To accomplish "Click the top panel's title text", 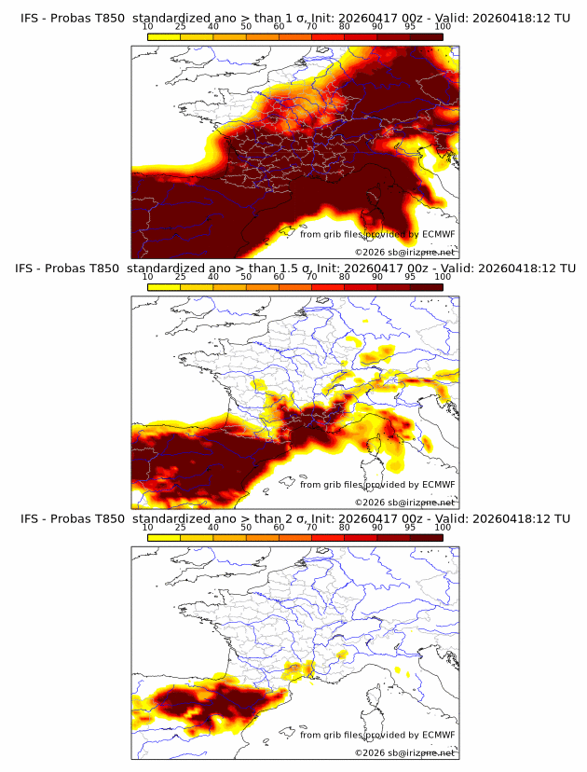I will point(294,18).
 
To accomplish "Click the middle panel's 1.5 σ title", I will point(294,268).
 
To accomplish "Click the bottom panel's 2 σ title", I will point(294,517).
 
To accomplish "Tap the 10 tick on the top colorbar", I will point(148,28).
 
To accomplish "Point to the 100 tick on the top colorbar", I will point(443,28).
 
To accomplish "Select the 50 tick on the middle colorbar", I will point(246,278).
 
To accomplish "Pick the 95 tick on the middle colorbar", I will point(410,278).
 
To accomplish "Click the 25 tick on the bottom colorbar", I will point(181,528).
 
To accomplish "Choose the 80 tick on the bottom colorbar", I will point(345,528).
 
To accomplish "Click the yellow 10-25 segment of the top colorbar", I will point(164,37).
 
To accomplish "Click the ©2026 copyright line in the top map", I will point(404,252).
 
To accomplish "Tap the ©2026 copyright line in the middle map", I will point(404,502).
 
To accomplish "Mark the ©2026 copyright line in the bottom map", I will point(404,751).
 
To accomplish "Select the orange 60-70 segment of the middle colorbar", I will point(295,287).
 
